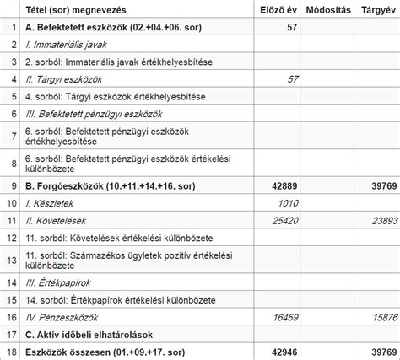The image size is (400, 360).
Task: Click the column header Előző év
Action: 278,9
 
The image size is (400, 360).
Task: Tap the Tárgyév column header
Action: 376,9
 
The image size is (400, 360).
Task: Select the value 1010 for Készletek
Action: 289,202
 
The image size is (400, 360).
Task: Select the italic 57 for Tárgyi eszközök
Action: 293,78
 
